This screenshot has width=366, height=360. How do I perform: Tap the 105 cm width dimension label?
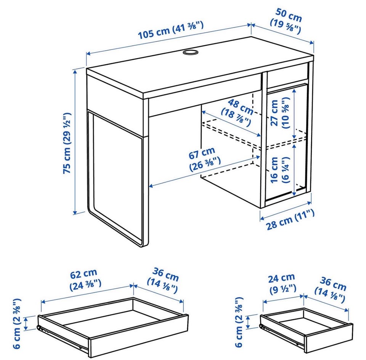click(x=171, y=30)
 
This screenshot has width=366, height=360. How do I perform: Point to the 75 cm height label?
click(x=67, y=143)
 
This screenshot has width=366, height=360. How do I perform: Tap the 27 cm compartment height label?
click(x=279, y=113)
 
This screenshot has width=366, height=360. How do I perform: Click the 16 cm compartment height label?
click(x=279, y=170)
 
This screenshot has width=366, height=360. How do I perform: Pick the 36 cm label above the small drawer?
click(x=331, y=289)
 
